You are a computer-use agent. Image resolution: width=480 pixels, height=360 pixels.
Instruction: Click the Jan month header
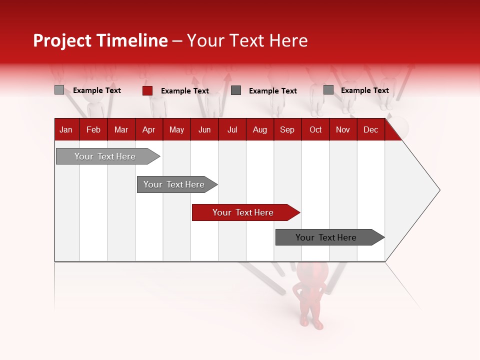pyautogui.click(x=66, y=129)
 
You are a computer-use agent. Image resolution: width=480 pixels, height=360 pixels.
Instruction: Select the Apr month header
pyautogui.click(x=148, y=129)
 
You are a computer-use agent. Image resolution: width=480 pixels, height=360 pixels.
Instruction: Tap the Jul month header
pyautogui.click(x=232, y=129)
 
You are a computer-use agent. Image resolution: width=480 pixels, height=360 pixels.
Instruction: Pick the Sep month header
pyautogui.click(x=287, y=129)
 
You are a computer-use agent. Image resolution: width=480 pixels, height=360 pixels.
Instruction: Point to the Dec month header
pyautogui.click(x=370, y=129)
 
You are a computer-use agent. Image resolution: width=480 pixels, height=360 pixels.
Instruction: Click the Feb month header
pyautogui.click(x=93, y=129)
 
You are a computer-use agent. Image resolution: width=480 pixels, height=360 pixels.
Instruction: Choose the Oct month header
pyautogui.click(x=315, y=129)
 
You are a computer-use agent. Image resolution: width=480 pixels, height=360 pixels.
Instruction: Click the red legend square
pyautogui.click(x=147, y=90)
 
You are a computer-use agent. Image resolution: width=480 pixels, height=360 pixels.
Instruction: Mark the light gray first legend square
pyautogui.click(x=59, y=90)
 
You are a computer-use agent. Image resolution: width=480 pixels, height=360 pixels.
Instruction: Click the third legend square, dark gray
pyautogui.click(x=236, y=90)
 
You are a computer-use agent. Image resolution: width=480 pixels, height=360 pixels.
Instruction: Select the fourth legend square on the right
pyautogui.click(x=328, y=90)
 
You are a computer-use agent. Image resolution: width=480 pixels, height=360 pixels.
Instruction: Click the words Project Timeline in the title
pyautogui.click(x=100, y=40)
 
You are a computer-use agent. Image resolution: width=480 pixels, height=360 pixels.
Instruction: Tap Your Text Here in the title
pyautogui.click(x=247, y=40)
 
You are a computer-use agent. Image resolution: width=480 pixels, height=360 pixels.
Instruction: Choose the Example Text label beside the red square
pyautogui.click(x=185, y=91)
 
